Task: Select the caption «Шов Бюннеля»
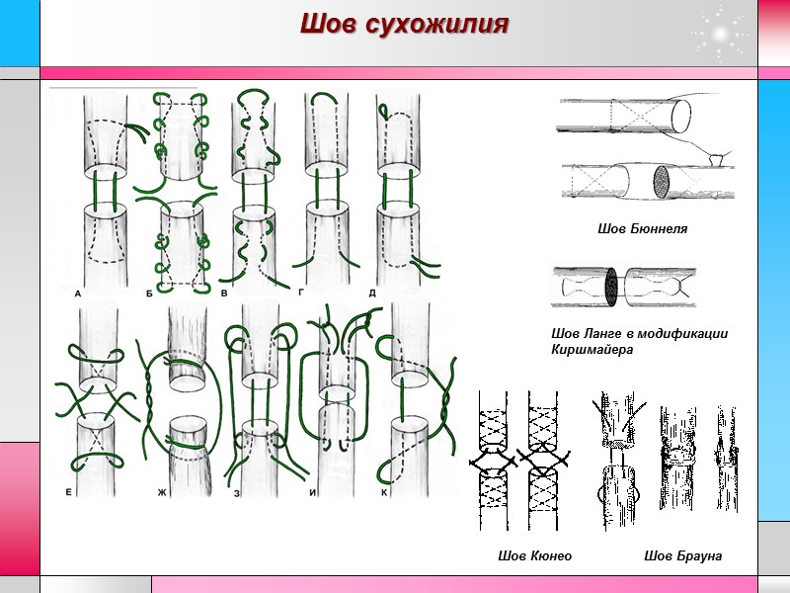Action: coord(642,229)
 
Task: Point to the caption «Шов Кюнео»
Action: coord(535,556)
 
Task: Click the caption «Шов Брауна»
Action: coord(682,556)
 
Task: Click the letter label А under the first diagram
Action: coord(78,293)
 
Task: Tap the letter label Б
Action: coord(149,293)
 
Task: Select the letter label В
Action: coord(225,293)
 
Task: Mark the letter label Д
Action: coord(372,293)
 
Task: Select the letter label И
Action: coord(312,491)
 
